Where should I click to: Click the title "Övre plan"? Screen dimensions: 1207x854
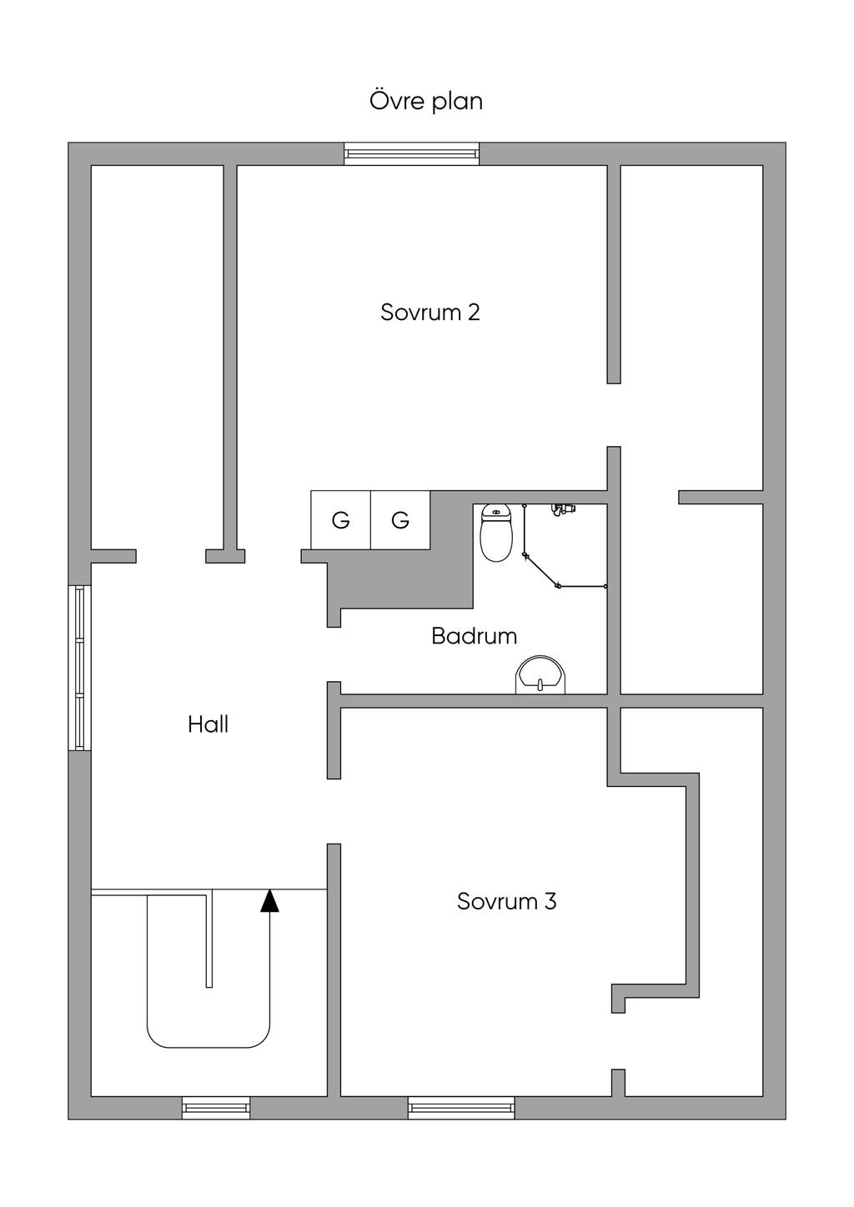(x=426, y=101)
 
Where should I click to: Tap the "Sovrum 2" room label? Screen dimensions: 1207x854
(x=430, y=313)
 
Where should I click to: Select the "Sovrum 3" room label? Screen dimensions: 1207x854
(x=506, y=901)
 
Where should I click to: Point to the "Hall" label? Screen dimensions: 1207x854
(x=208, y=724)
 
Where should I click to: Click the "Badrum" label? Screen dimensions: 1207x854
(x=474, y=636)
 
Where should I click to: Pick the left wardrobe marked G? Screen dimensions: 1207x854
(x=340, y=520)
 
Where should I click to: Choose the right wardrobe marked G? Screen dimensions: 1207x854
(x=400, y=520)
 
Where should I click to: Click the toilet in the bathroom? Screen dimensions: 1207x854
(x=496, y=533)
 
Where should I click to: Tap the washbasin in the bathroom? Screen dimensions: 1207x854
(x=540, y=675)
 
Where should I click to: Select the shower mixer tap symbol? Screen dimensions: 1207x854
(x=564, y=508)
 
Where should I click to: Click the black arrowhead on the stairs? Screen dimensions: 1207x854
(x=269, y=900)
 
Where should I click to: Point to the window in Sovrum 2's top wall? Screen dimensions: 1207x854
(x=412, y=153)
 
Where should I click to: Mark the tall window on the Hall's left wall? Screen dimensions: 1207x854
(x=80, y=668)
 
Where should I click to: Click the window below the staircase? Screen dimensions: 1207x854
(x=216, y=1107)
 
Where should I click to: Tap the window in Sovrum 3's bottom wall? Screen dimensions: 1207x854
(x=461, y=1107)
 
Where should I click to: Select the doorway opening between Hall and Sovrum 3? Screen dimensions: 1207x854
(x=334, y=811)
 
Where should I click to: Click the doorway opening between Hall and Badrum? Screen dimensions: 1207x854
(x=334, y=654)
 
